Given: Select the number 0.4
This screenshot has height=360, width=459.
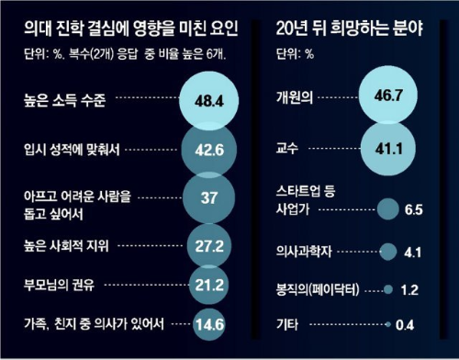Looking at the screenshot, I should click(409, 323).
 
